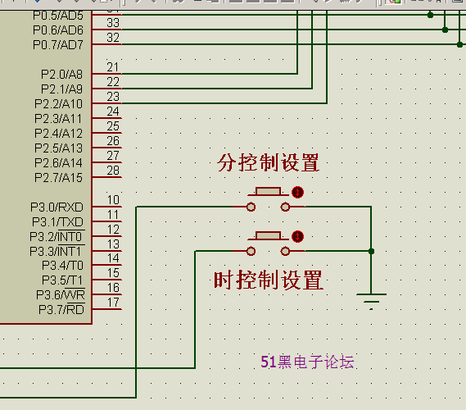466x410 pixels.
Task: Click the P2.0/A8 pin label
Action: (61, 75)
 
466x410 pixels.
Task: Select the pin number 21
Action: (113, 67)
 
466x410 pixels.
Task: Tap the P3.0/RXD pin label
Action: (57, 207)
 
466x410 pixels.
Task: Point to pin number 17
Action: (113, 303)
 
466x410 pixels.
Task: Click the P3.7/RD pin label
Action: (61, 310)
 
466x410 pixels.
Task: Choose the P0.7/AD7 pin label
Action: (58, 45)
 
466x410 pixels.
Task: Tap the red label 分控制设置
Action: (269, 162)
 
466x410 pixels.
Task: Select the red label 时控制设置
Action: (269, 280)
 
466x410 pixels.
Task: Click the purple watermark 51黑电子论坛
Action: (308, 362)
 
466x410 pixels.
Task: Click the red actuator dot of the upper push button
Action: (297, 192)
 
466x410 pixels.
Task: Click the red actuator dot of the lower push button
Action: (297, 236)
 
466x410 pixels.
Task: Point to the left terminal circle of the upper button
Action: (251, 207)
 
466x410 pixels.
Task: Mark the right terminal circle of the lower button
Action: (285, 252)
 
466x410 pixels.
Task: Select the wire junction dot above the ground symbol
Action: (371, 252)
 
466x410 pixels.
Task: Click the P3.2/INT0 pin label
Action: (57, 236)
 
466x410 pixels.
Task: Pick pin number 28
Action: (113, 171)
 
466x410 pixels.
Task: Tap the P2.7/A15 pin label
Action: (58, 178)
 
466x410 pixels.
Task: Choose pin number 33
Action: (113, 23)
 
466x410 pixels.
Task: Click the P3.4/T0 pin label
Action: (63, 266)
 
